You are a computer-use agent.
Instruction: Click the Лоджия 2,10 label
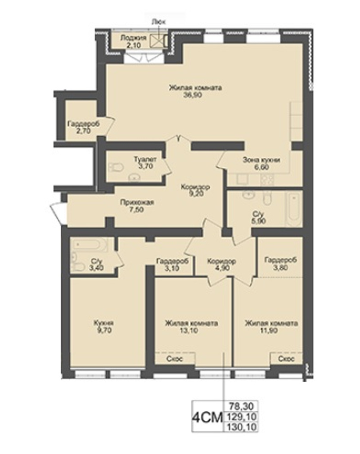pos(134,41)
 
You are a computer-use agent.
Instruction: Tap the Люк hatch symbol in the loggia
pos(157,41)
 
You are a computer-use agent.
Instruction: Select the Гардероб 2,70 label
pos(84,127)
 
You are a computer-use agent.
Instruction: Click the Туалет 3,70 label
pos(145,163)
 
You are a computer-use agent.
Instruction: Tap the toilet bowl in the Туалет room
pos(117,167)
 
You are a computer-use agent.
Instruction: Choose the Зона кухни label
pos(261,160)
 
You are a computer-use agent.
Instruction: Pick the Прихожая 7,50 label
pos(137,206)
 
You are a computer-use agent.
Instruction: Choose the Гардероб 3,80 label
pos(281,263)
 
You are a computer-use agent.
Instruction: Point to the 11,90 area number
pos(269,330)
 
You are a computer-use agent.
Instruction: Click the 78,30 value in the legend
pos(240,405)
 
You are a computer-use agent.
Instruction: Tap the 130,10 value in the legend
pos(240,427)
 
